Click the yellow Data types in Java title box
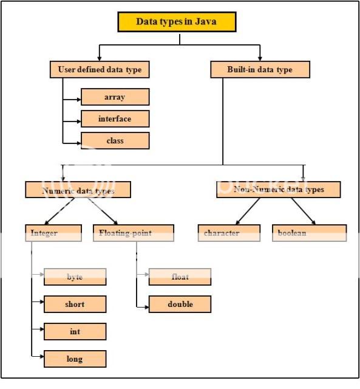176,22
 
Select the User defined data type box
100,70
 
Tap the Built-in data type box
260,70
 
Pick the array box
114,97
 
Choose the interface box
114,119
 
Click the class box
114,140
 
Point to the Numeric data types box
78,190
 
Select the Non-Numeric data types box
278,190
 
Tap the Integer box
53,233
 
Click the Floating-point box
134,233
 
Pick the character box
229,233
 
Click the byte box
75,277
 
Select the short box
75,304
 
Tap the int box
75,331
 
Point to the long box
75,359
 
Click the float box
180,277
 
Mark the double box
180,304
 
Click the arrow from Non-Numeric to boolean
302,211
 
